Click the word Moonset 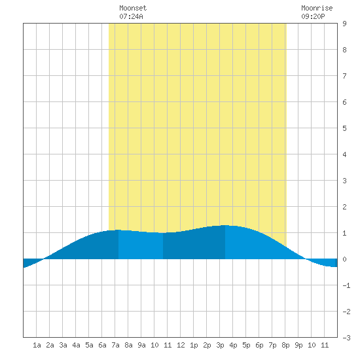point(133,8)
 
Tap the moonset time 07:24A point(131,16)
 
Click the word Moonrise point(317,8)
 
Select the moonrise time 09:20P point(313,16)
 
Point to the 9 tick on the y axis point(344,24)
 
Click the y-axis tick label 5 point(344,128)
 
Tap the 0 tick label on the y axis point(344,259)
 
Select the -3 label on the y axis point(346,338)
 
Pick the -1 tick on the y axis point(346,285)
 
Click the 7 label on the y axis point(344,76)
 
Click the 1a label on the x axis point(37,345)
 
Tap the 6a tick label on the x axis point(102,345)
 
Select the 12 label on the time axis point(181,345)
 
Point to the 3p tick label point(220,345)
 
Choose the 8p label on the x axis point(285,345)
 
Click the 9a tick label point(141,345)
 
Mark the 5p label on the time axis point(246,345)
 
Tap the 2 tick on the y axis point(344,207)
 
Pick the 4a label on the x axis point(76,345)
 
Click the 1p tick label point(194,345)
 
